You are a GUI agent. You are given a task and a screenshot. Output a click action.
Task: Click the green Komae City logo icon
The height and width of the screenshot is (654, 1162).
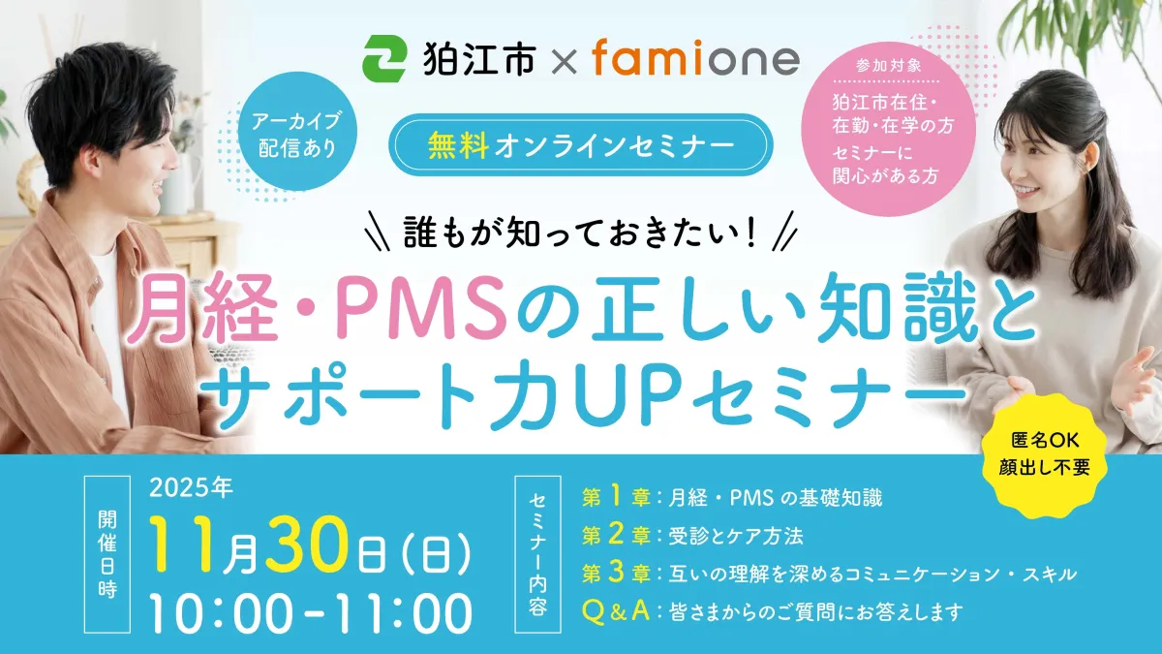click(x=383, y=59)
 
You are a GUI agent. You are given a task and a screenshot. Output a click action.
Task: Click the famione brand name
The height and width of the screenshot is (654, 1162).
click(x=695, y=58)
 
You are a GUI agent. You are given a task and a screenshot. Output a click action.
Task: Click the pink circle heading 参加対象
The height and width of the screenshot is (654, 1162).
click(x=889, y=66)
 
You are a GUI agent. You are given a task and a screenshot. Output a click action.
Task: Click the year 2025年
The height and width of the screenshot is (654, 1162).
click(x=191, y=488)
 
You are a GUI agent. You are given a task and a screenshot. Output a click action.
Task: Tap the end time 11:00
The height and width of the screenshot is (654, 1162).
click(x=404, y=614)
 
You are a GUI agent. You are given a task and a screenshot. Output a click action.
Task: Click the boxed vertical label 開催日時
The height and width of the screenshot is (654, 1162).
click(x=107, y=554)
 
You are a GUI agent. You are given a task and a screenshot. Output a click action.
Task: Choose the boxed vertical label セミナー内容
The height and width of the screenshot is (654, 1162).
click(x=538, y=554)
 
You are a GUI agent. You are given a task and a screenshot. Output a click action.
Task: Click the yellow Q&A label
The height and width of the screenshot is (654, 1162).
click(x=616, y=611)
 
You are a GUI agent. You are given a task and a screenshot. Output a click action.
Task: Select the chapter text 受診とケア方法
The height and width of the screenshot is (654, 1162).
click(x=736, y=536)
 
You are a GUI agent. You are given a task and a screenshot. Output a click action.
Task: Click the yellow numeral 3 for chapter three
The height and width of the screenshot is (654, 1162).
click(x=615, y=573)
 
